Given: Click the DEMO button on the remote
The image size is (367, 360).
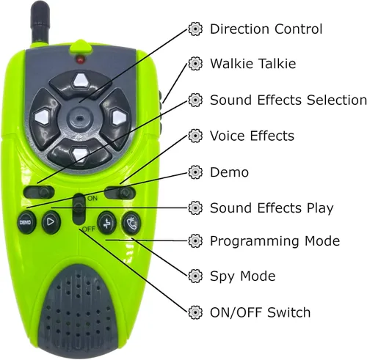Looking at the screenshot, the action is (26, 222).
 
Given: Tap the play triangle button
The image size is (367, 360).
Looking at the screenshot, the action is (51, 222).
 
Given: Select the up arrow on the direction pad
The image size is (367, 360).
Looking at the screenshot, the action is (81, 81).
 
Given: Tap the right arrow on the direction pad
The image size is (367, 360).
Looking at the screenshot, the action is (118, 117).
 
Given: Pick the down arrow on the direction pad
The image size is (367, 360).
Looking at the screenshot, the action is (79, 154).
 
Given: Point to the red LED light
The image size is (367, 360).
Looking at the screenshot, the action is (80, 59).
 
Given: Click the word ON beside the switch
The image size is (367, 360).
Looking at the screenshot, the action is (92, 198).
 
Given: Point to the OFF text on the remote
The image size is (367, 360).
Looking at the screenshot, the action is (89, 229).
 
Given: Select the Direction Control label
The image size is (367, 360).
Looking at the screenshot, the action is (266, 29).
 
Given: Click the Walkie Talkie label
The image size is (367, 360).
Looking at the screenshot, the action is (252, 64).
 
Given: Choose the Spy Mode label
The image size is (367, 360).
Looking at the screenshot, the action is (242, 276).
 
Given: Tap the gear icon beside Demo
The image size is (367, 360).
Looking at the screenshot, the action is (195, 172).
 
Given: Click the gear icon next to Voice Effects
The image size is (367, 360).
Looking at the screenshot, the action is (195, 136).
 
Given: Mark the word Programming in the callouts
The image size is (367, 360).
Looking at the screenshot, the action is (255, 241).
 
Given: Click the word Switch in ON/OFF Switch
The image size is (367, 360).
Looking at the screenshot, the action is (288, 312).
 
